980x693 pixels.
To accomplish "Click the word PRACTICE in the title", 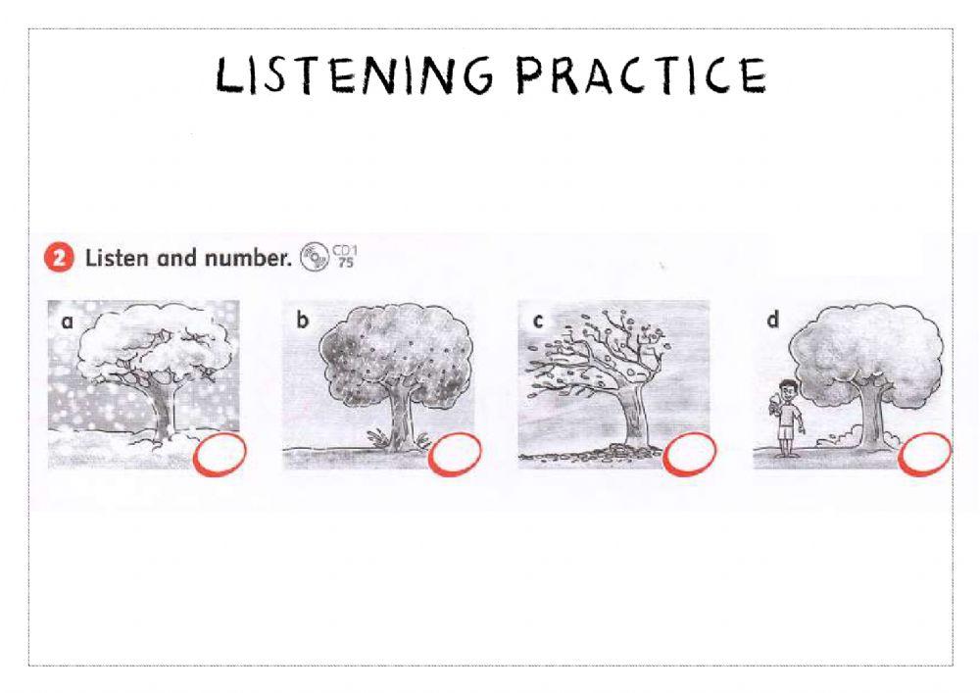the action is tap(641, 75).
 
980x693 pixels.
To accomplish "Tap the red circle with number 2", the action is tap(59, 258).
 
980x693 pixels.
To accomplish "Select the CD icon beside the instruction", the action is tap(315, 257).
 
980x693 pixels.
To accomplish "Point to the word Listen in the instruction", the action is tap(117, 258).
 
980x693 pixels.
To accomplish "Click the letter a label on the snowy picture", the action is tap(67, 322).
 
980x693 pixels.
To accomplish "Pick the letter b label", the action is tap(303, 320).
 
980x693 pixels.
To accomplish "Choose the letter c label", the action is tap(537, 322).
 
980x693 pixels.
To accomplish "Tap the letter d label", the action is tap(772, 320).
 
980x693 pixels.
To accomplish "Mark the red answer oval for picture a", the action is tap(220, 454).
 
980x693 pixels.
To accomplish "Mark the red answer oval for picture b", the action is tap(455, 454).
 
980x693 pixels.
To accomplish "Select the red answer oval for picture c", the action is tap(690, 454).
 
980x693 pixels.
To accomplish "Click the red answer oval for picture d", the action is tap(925, 454).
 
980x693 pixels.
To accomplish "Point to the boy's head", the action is tap(787, 389).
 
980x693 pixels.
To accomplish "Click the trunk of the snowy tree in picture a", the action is tap(164, 410).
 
